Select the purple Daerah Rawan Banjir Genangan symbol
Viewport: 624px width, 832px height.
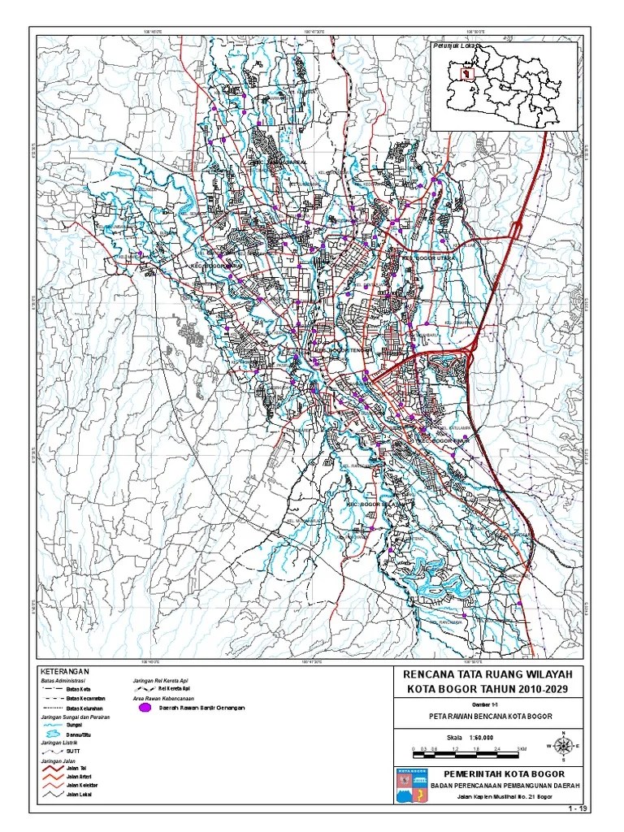tap(145, 708)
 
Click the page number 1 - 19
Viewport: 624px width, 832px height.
tap(578, 809)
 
